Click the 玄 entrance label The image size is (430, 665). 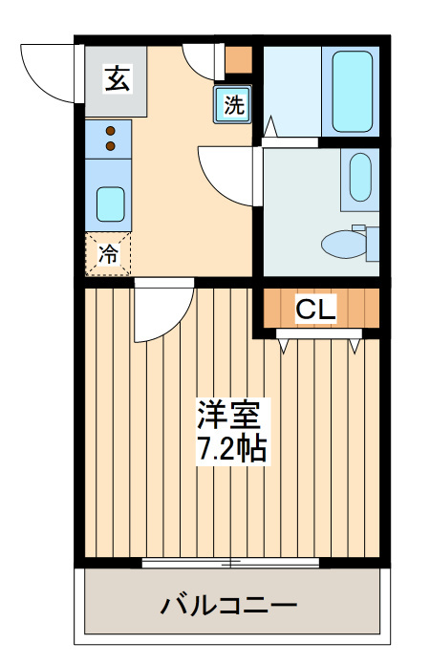pyautogui.click(x=117, y=78)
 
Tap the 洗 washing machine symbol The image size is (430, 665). pyautogui.click(x=233, y=104)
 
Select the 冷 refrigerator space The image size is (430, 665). pyautogui.click(x=108, y=254)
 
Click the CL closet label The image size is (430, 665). pyautogui.click(x=316, y=310)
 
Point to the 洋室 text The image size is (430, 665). pyautogui.click(x=229, y=414)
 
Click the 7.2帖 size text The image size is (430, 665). pyautogui.click(x=232, y=448)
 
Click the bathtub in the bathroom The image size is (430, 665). pyautogui.click(x=353, y=92)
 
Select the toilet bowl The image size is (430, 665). pyautogui.click(x=344, y=244)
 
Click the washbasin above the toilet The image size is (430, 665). pyautogui.click(x=360, y=177)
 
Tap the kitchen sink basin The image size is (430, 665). pyautogui.click(x=110, y=204)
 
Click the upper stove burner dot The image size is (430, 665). pyautogui.click(x=111, y=131)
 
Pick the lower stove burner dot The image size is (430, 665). pyautogui.click(x=111, y=146)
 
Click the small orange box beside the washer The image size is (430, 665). pyautogui.click(x=238, y=60)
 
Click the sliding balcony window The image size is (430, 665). pyautogui.click(x=230, y=563)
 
